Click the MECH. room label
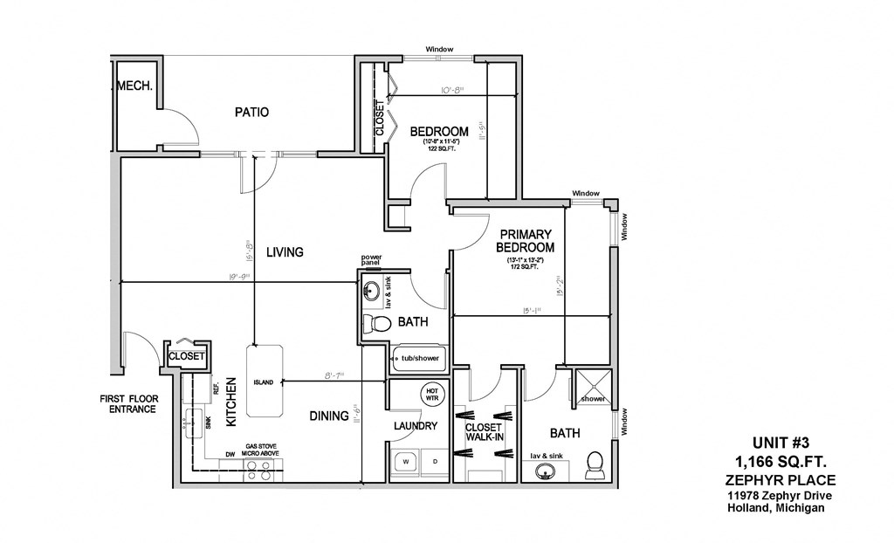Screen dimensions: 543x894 [135, 86]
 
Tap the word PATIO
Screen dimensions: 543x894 [251, 112]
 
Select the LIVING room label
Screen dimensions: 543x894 [285, 252]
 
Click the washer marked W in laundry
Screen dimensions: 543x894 [405, 460]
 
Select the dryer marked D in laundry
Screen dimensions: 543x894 [435, 460]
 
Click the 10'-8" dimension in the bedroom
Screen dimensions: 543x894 [451, 88]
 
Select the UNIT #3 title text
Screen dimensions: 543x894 [781, 442]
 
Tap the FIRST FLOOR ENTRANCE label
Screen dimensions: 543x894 [128, 403]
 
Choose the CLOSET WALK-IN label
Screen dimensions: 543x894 [485, 431]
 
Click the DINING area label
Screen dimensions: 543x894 [329, 416]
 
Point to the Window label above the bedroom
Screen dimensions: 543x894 [439, 50]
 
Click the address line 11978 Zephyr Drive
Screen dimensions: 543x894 [781, 496]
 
